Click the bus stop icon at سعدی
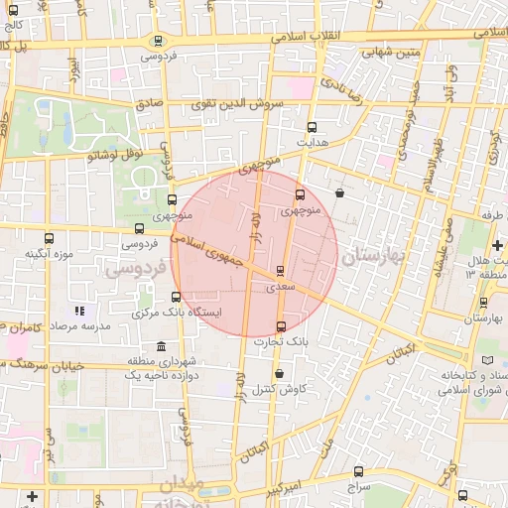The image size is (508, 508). click(281, 270)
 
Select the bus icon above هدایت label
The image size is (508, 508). click(312, 127)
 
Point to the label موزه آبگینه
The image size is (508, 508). click(51, 254)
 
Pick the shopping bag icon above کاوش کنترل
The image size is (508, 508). click(281, 372)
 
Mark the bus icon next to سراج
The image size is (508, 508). click(358, 472)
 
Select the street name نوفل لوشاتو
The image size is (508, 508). click(116, 155)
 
